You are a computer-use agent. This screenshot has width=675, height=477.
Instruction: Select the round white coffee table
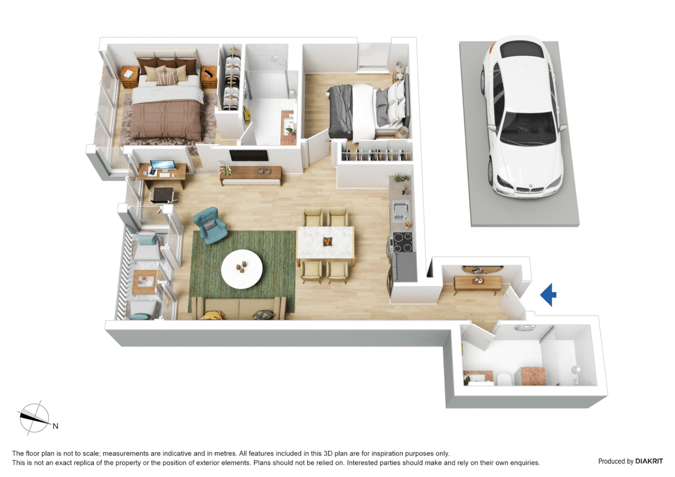(x=242, y=269)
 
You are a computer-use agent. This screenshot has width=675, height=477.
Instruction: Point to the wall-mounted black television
(x=249, y=155)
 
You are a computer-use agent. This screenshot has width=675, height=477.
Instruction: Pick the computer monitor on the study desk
(x=162, y=166)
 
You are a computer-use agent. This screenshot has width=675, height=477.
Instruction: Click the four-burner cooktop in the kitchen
(x=402, y=242)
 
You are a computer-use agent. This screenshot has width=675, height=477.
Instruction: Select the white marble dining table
(x=326, y=242)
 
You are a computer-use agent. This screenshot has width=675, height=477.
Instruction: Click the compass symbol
(x=34, y=417)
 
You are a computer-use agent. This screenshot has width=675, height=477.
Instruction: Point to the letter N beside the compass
(x=56, y=426)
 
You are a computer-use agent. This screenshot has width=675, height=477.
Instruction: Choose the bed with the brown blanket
(x=166, y=110)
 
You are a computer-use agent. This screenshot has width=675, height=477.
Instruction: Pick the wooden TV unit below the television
(x=251, y=175)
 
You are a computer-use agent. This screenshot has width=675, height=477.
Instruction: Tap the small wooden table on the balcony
(x=144, y=282)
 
